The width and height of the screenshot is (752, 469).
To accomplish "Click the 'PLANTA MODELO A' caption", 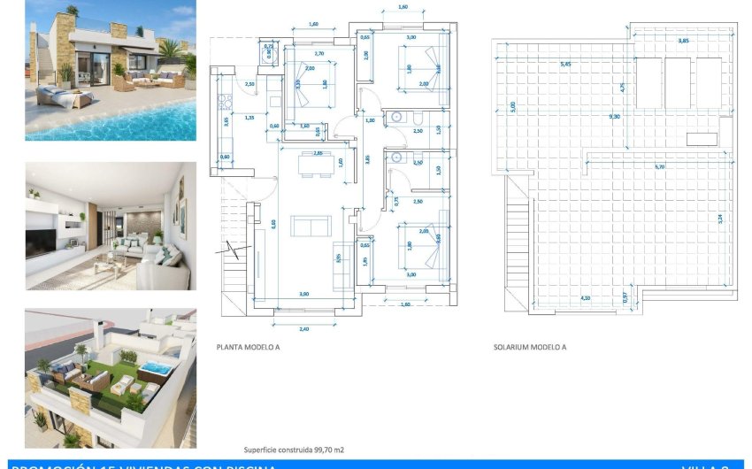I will point(248,348).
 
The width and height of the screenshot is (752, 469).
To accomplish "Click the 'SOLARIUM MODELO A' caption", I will point(529,348).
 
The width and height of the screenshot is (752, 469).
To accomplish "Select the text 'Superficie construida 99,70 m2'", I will point(294,450).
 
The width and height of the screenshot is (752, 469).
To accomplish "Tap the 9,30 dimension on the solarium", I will point(614,116).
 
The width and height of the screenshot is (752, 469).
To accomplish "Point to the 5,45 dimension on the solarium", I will point(565,64).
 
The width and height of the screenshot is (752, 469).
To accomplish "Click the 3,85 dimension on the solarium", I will point(683,41).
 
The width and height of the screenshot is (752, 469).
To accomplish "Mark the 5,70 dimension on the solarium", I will point(659,165).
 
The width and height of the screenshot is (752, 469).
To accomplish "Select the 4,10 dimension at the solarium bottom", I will point(586,298).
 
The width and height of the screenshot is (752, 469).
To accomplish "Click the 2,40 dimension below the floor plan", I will point(304,328).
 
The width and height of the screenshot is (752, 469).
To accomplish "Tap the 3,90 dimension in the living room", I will point(303,294).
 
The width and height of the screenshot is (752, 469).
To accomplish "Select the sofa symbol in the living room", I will point(309,227).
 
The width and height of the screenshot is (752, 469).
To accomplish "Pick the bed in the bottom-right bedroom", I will point(422,247).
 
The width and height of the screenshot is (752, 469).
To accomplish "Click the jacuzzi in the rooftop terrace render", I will point(157,367).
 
